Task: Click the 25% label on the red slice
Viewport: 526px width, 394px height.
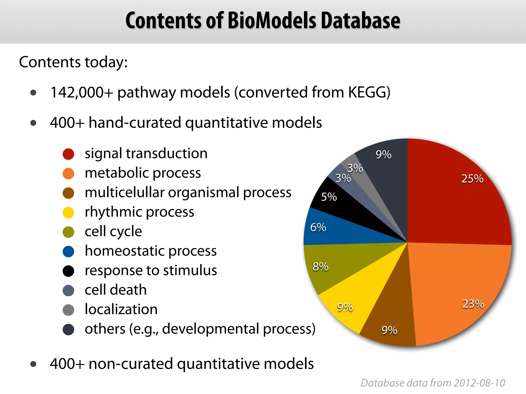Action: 472,179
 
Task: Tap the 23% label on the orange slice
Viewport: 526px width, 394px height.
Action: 473,304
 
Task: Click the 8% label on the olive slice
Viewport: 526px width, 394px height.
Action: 320,267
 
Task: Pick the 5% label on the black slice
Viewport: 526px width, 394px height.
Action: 329,197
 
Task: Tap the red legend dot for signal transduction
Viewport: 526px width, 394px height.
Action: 68,154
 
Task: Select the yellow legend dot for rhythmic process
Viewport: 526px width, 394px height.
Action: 68,212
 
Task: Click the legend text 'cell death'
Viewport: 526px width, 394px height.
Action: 116,290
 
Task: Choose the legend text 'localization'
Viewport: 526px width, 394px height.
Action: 121,309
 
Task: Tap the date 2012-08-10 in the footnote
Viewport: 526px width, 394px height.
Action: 479,383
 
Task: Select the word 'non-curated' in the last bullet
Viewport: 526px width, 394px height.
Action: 130,364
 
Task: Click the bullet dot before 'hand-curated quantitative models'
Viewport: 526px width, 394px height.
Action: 33,123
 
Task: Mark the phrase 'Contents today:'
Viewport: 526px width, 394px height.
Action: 73,62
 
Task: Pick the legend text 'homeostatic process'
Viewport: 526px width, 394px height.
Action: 151,251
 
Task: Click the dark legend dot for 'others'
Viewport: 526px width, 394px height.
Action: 68,329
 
